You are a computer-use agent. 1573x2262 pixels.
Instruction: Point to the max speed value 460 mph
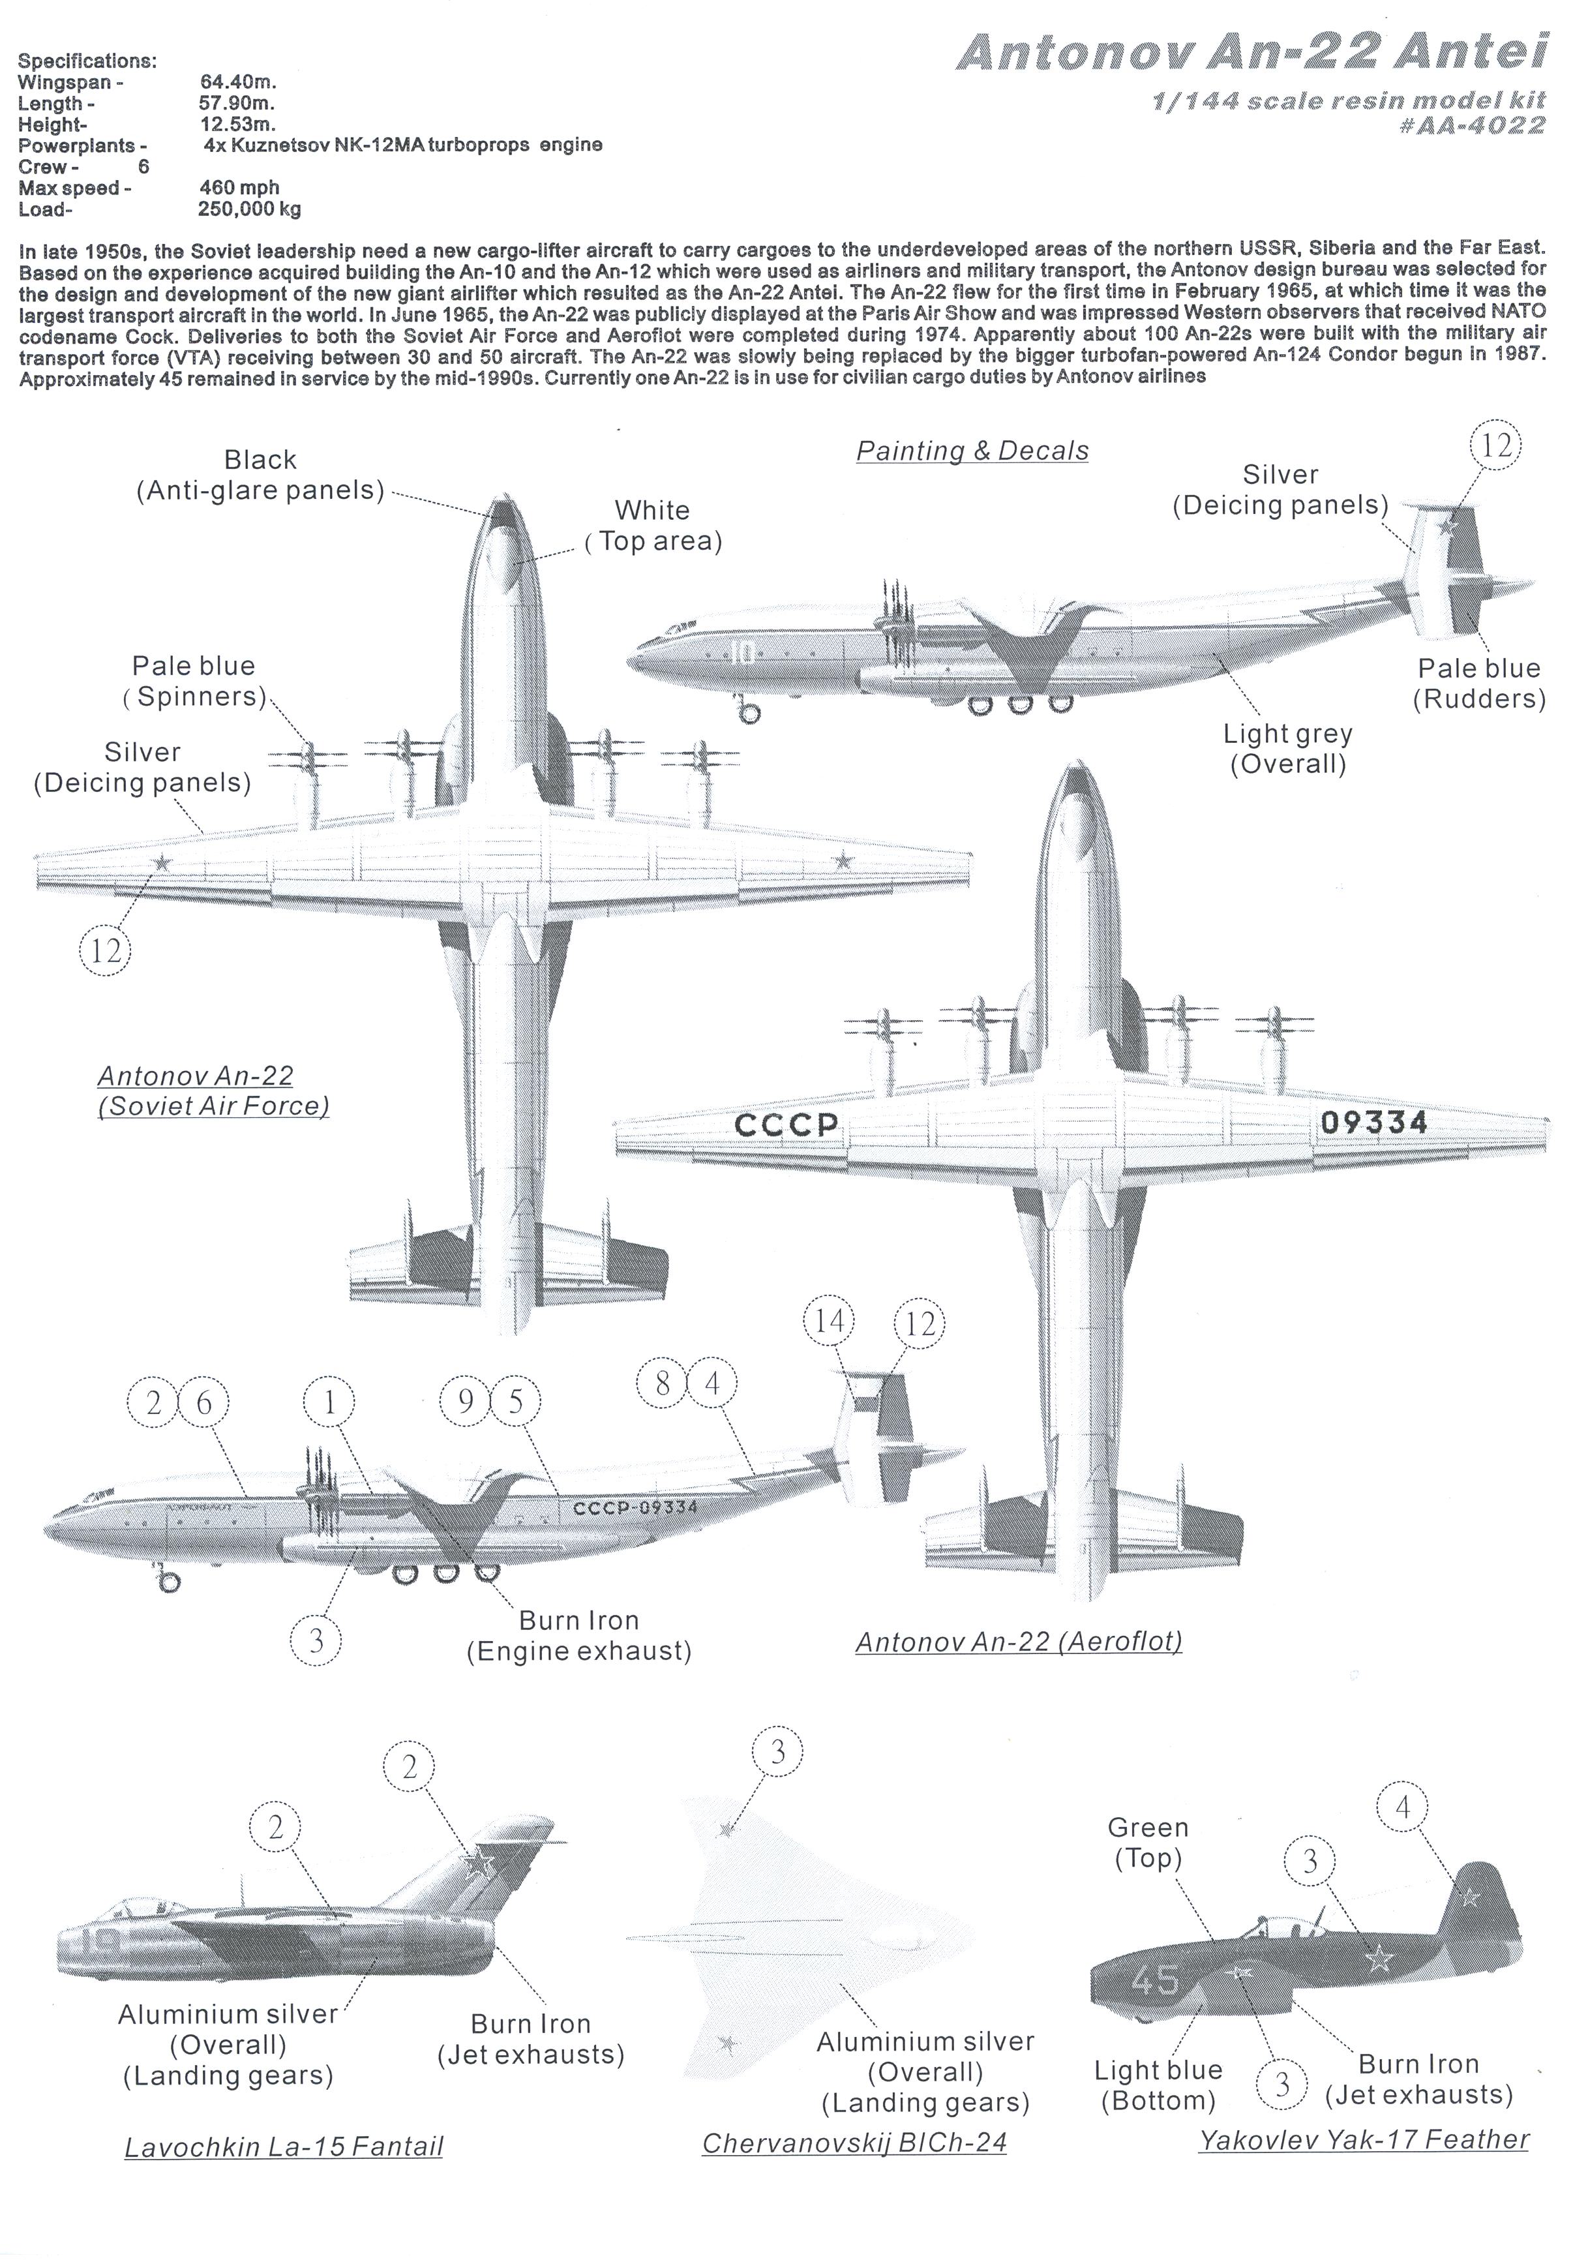[x=239, y=187]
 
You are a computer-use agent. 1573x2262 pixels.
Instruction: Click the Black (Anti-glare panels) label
[x=260, y=475]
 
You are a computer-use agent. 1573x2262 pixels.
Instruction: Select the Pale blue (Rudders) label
[x=1478, y=683]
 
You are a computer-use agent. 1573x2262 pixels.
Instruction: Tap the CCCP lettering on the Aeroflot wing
[x=786, y=1124]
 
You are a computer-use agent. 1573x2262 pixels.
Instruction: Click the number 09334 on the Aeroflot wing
[x=1373, y=1122]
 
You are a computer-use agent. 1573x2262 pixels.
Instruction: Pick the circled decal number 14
[x=830, y=1320]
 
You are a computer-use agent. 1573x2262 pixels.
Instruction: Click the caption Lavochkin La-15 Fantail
[x=284, y=2146]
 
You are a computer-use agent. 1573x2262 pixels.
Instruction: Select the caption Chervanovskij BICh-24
[x=854, y=2143]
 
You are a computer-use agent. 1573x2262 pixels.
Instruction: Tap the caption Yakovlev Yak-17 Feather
[x=1363, y=2139]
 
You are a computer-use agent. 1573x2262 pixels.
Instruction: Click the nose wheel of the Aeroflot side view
[x=170, y=1583]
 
